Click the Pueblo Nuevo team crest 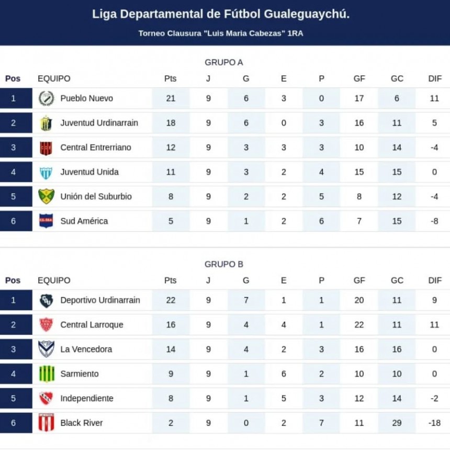coord(46,98)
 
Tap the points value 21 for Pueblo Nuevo coord(171,98)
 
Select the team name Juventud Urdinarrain coord(99,123)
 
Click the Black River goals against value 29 coord(397,423)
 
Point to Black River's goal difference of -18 coord(434,423)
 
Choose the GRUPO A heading coord(224,62)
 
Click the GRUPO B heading coord(224,264)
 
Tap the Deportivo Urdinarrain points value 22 coord(171,300)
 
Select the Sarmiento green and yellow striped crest coord(46,374)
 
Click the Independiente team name coord(86,398)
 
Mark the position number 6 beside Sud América coord(13,221)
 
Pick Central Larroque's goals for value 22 coord(359,324)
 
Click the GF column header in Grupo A coord(359,78)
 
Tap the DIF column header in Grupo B coord(435,280)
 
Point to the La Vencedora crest coord(46,349)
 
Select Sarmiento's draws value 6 coord(284,374)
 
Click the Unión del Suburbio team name coord(96,197)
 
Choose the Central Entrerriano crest coord(46,148)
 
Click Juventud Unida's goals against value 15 coord(397,172)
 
